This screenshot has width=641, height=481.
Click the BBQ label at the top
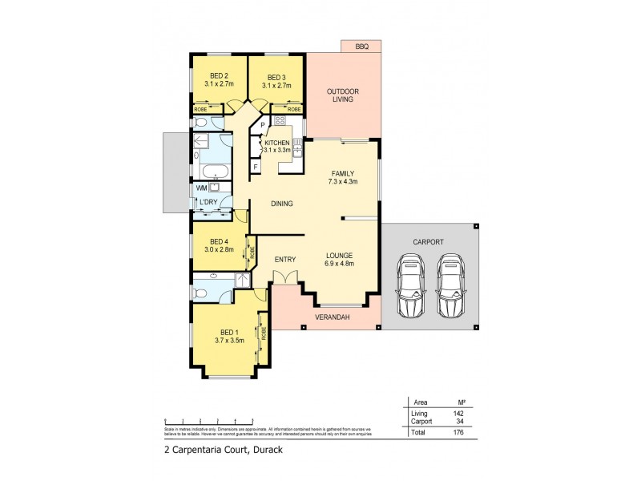click(x=361, y=47)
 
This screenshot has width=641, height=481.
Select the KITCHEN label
click(x=277, y=142)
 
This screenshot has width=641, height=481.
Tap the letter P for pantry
click(x=262, y=125)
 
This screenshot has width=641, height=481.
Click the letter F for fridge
click(x=256, y=167)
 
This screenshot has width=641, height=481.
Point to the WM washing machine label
click(x=201, y=188)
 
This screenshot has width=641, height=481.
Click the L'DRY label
click(x=210, y=201)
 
